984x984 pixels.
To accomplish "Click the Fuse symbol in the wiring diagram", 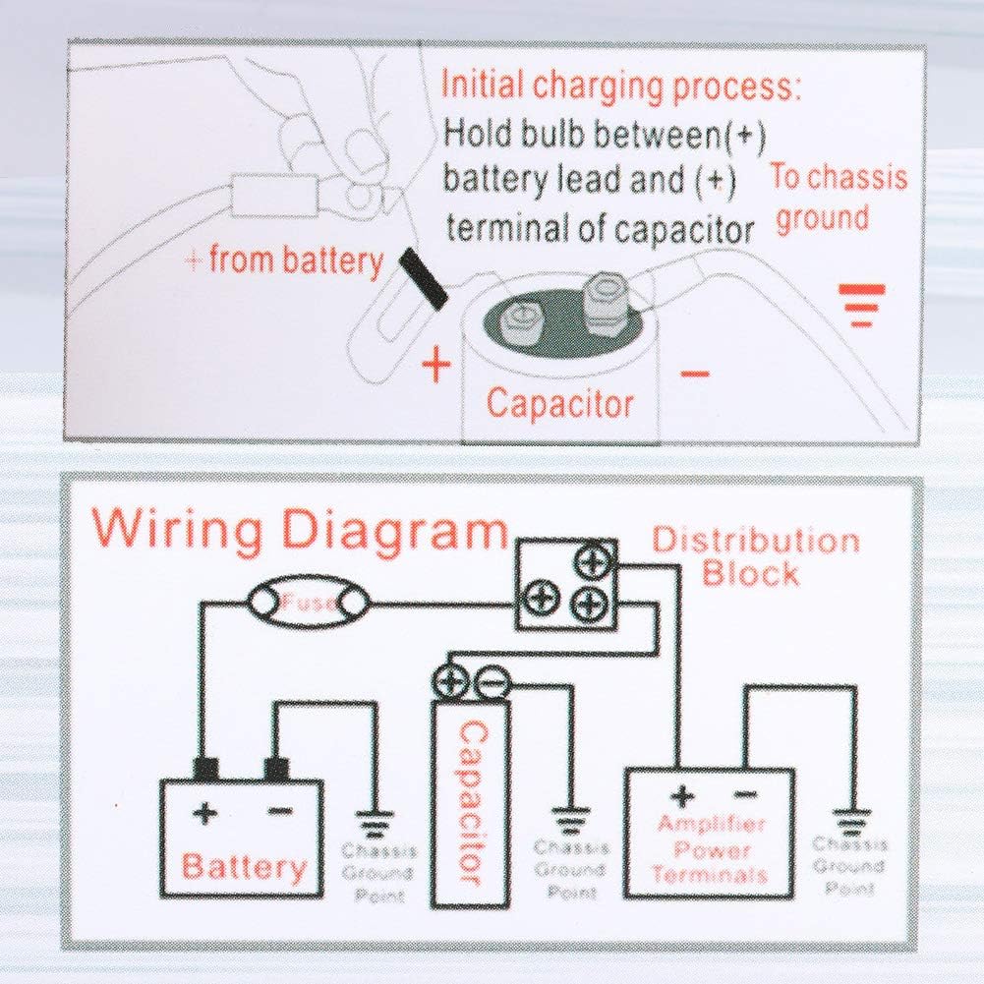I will point(309,602).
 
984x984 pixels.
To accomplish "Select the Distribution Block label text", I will point(755,556).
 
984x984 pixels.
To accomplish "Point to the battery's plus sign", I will point(205,813).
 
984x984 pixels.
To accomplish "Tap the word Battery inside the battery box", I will point(244,867).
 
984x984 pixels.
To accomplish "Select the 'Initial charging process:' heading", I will point(620,86).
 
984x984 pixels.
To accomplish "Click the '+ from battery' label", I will point(284,260).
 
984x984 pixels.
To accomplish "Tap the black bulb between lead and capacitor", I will point(423,277).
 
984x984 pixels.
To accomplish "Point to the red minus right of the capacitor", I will point(694,374).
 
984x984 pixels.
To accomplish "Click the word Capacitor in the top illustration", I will point(560,403).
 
